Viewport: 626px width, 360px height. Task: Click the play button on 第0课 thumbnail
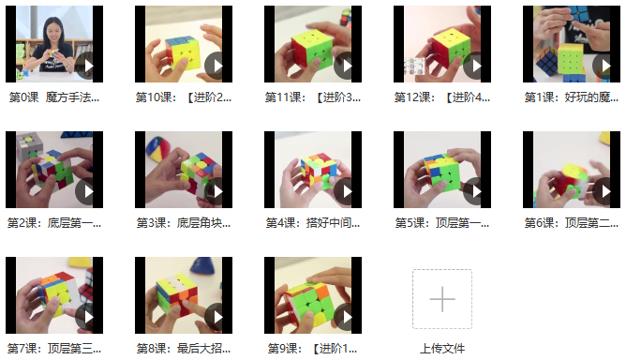86,66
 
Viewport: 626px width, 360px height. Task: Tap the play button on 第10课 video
216,66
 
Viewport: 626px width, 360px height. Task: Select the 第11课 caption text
313,97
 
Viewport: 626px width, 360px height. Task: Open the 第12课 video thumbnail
442,44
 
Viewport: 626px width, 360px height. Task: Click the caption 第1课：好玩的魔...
572,97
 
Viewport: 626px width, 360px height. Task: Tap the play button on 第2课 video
86,191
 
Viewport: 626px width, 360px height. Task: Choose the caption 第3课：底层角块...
184,222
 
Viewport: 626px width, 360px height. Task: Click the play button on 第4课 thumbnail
346,191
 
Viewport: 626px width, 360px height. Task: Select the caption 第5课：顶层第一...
442,222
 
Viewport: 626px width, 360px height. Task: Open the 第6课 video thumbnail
572,170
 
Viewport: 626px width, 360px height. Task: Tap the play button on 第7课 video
86,317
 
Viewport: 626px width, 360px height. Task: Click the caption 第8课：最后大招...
184,348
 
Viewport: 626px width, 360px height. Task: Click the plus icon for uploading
442,299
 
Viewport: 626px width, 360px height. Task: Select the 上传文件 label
442,349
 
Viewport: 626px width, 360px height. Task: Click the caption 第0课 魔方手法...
54,97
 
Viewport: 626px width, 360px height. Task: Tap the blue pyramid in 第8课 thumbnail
206,265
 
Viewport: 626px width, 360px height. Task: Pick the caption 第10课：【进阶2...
184,97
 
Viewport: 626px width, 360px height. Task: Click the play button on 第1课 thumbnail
604,66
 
